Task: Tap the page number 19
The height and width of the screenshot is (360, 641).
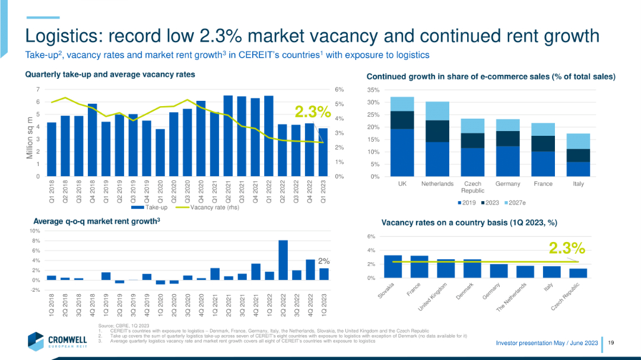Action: click(611, 343)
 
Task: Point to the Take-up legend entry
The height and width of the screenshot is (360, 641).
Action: click(149, 208)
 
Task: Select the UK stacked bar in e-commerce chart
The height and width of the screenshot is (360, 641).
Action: click(402, 136)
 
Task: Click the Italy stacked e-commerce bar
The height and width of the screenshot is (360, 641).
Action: click(579, 155)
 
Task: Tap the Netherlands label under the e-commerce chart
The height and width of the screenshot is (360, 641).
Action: click(437, 184)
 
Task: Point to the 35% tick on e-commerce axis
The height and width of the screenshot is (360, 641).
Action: click(373, 90)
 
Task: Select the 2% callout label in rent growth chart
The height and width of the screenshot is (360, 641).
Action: click(323, 261)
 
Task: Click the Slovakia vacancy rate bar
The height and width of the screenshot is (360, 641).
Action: click(393, 266)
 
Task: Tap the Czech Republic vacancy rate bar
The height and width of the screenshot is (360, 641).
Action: click(578, 273)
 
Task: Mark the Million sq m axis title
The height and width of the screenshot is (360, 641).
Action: click(30, 137)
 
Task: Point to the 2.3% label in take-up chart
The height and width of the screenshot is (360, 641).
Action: click(313, 111)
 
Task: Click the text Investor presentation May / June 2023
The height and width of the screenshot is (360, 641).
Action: click(546, 343)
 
